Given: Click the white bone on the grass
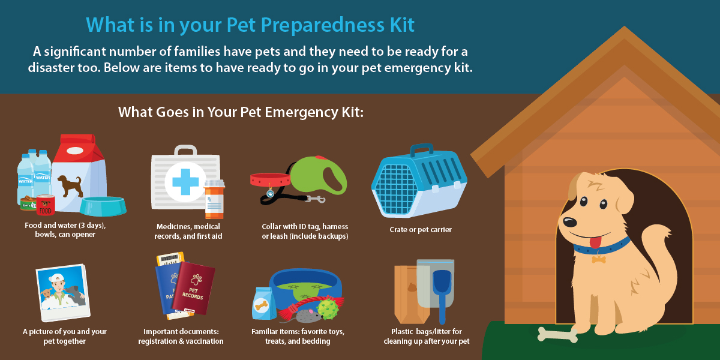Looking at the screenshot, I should [x=557, y=334].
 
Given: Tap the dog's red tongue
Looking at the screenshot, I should [x=595, y=242].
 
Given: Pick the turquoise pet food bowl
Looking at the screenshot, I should [x=103, y=205].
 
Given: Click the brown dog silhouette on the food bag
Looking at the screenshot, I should [x=69, y=184].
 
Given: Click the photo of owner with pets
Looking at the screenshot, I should [x=63, y=292].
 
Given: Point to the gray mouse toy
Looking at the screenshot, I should [x=304, y=314].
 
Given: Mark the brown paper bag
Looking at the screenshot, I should [x=409, y=294].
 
